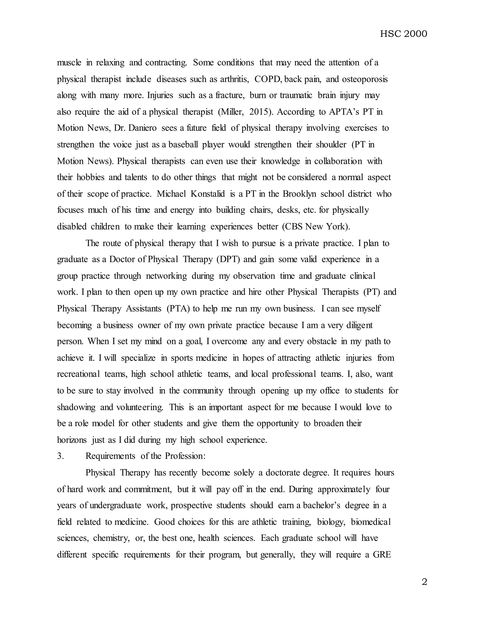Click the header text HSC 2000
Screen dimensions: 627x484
[x=403, y=34]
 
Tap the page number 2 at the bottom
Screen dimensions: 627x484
[x=424, y=582]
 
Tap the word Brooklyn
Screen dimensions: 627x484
[x=299, y=194]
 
